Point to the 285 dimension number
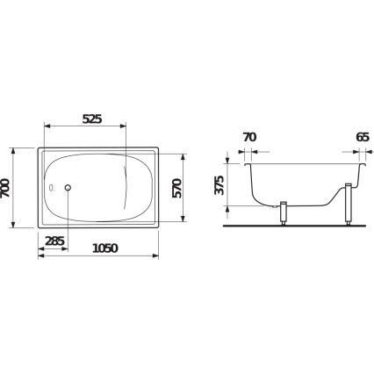[x=54, y=241]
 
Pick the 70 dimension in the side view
[x=249, y=138]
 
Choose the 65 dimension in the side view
[x=361, y=138]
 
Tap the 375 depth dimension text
[x=219, y=183]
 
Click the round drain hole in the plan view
[x=68, y=187]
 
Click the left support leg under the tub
[x=284, y=214]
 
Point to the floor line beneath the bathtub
[x=298, y=224]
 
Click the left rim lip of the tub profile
[x=245, y=161]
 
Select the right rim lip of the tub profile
[x=362, y=161]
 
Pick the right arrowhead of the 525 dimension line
[x=126, y=125]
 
